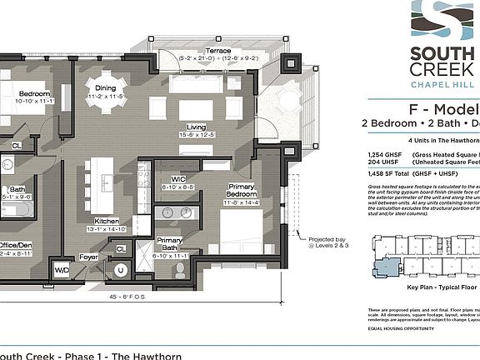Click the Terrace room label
(219, 51)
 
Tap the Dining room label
(105, 87)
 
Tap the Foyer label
(88, 257)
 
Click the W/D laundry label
(62, 271)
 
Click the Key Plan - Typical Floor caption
(442, 287)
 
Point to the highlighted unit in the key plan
(387, 267)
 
